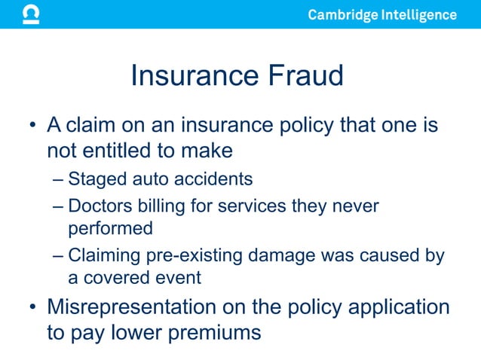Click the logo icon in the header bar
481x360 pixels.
31,14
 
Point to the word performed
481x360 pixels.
110,227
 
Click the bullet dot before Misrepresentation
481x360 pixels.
32,307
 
